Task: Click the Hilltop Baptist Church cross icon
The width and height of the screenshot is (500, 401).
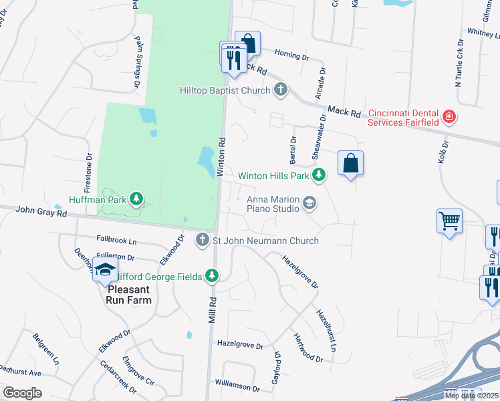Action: point(281,90)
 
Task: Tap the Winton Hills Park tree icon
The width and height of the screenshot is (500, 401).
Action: point(320,176)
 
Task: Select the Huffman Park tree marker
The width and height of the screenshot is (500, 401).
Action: point(136,198)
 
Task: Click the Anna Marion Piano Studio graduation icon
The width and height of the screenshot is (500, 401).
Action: point(309,203)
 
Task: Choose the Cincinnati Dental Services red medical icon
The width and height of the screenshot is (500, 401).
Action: point(450,117)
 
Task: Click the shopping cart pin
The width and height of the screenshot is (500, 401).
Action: point(449,221)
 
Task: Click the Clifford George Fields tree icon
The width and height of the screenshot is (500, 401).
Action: point(212,275)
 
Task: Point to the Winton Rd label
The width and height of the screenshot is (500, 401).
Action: point(220,156)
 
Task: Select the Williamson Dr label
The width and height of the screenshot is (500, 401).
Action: point(237,386)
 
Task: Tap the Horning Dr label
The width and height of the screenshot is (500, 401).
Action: point(291,57)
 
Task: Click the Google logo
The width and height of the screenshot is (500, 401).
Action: point(22,393)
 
